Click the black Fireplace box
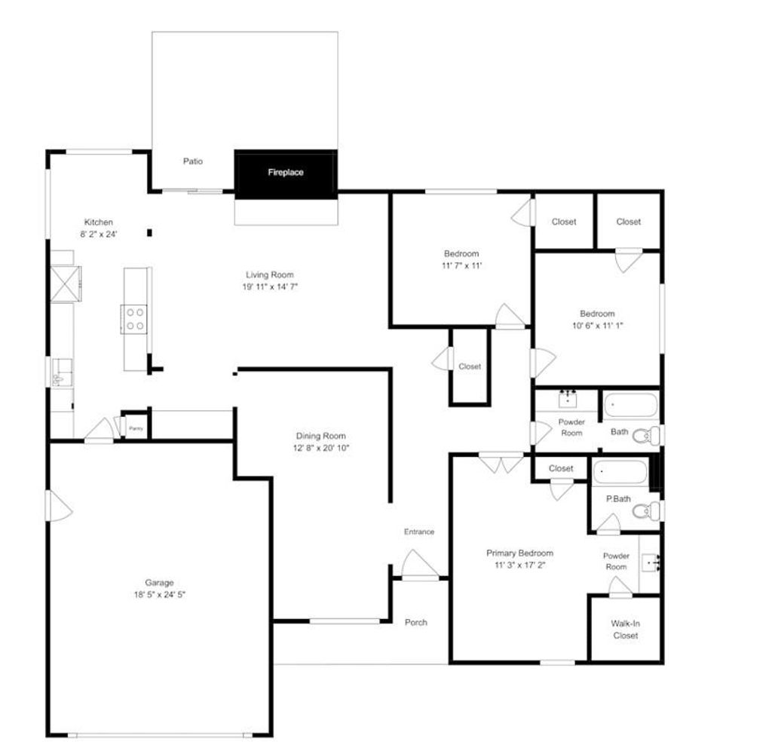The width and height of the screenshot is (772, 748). coord(286,173)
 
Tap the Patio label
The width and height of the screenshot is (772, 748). coord(193,161)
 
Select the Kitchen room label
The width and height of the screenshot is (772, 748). coord(99,222)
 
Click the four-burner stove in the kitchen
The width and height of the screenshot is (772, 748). coord(134,318)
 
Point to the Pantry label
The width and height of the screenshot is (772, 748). coord(136,428)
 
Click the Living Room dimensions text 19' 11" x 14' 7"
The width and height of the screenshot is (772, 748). coord(269,287)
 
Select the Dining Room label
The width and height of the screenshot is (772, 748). coord(321,436)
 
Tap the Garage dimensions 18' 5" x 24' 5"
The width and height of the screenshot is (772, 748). coord(159,594)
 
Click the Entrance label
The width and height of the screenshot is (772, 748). coord(419,532)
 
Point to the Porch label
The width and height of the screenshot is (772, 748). coord(416,623)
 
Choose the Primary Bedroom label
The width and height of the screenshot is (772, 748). coord(519,553)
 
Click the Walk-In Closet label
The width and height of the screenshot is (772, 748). coord(625,630)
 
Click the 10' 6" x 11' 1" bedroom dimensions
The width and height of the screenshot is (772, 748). coord(597,326)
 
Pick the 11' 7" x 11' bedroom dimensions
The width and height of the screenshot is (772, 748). coord(461,265)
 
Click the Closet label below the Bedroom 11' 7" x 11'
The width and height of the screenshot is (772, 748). coord(470,366)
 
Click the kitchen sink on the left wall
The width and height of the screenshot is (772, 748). coord(60,372)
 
